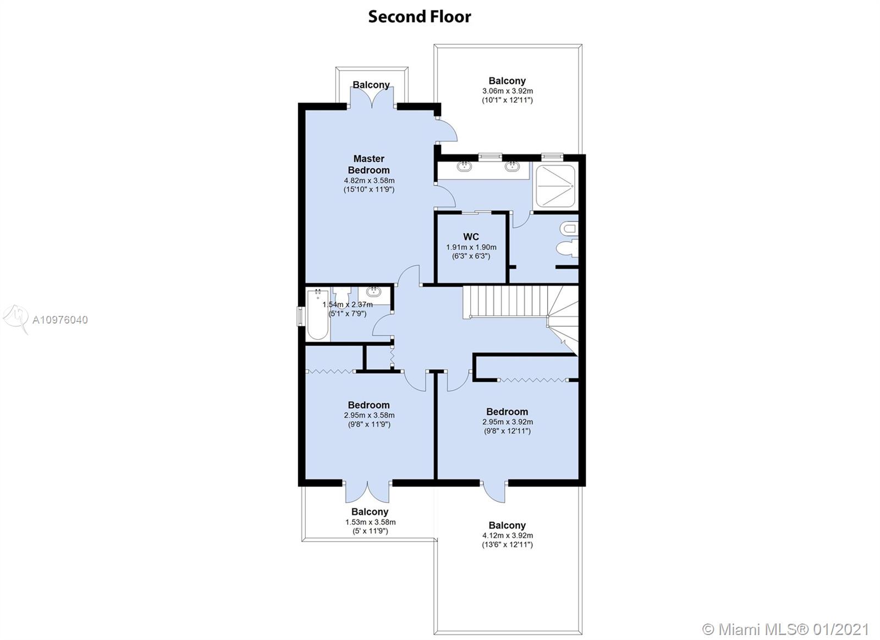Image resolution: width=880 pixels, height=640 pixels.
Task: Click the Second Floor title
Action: [419, 17]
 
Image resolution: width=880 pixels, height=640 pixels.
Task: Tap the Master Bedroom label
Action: [369, 165]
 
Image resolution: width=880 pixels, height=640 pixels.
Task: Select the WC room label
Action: [471, 237]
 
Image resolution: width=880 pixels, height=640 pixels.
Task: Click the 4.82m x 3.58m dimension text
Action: [369, 181]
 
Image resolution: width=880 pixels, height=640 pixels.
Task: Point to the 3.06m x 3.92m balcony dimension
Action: [507, 91]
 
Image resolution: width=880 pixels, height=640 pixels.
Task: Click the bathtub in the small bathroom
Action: [317, 314]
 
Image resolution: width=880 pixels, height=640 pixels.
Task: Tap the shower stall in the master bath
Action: [555, 186]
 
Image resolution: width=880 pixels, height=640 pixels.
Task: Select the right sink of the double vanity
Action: [512, 166]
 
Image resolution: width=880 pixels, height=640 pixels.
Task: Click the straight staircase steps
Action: [505, 300]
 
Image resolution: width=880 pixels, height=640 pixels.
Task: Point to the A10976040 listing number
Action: [60, 320]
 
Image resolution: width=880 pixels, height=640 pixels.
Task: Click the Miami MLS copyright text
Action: [786, 630]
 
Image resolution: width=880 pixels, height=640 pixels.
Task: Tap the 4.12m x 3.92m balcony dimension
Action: [508, 535]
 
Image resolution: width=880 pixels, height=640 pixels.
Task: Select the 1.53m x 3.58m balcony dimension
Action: [370, 522]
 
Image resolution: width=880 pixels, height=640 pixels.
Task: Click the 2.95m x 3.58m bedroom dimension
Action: [369, 415]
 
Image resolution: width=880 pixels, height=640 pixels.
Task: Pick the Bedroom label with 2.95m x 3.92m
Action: [507, 412]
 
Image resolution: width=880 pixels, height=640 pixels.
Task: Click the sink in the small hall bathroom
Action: [373, 292]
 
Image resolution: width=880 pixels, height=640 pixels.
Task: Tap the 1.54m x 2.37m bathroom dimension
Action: [347, 304]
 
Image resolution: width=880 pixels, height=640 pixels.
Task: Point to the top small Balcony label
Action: [371, 85]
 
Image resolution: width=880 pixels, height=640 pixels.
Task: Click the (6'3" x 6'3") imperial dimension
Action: [471, 256]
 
